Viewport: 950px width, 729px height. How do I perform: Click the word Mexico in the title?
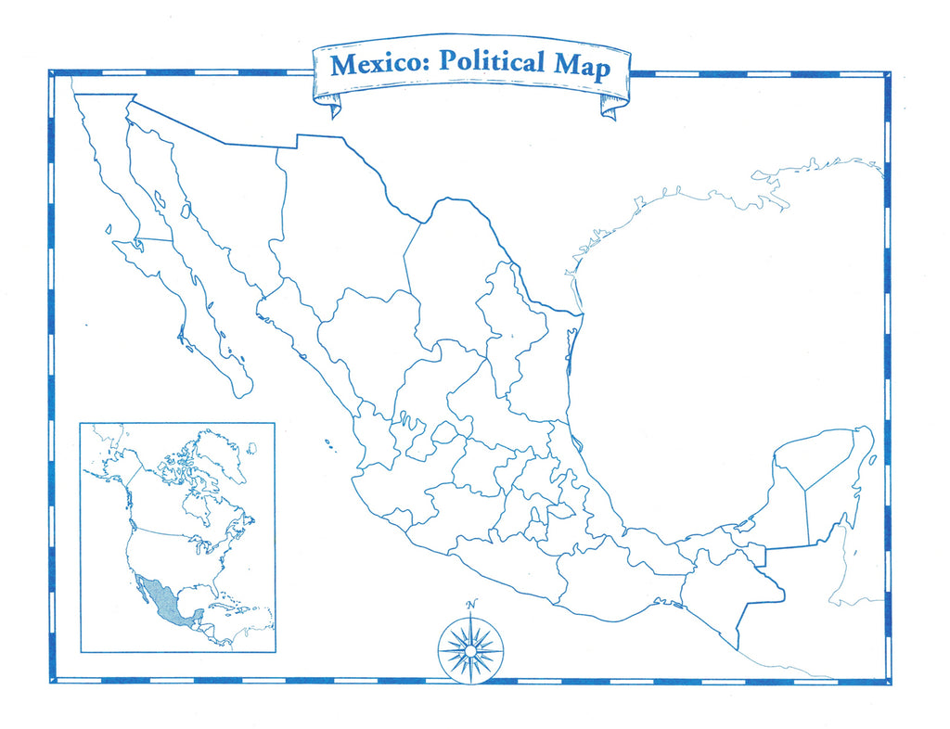380,64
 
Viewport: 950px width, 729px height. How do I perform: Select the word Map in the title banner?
583,67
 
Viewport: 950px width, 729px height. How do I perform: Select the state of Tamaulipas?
547,371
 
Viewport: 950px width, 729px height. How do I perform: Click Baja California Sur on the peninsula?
186,297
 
